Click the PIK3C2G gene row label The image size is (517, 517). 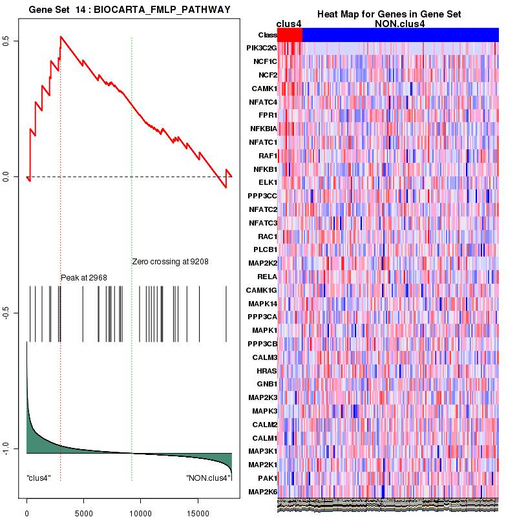point(262,48)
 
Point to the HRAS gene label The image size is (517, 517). point(266,370)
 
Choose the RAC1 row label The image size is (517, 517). point(266,236)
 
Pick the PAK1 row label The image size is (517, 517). point(266,478)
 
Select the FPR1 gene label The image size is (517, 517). point(267,115)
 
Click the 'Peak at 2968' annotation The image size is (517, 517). point(84,277)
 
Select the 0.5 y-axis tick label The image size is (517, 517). point(15,41)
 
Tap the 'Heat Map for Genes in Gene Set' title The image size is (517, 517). point(388,14)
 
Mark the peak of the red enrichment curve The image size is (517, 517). point(61,36)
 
